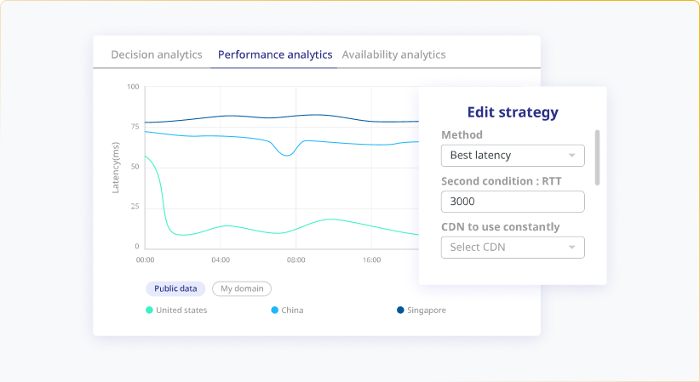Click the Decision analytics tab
[x=157, y=54]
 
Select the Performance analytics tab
[x=275, y=54]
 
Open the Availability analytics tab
[x=393, y=54]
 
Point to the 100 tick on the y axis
[x=133, y=87]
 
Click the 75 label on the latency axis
[x=134, y=127]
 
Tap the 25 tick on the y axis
[x=134, y=207]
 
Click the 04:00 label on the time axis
[x=221, y=259]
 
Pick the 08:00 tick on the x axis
[x=296, y=259]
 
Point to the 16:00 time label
[x=371, y=259]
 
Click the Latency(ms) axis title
[x=116, y=167]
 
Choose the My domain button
[x=242, y=288]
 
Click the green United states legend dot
[x=150, y=311]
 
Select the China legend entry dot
[x=275, y=311]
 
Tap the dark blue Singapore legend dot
[x=401, y=311]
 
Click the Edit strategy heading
[x=513, y=111]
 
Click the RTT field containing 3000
[x=513, y=202]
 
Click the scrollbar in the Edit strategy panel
[x=597, y=157]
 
